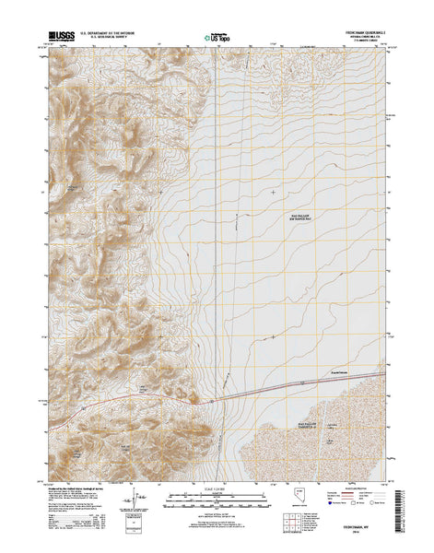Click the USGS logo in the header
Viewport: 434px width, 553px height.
pos(57,39)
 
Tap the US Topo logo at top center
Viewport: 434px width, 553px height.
pos(217,40)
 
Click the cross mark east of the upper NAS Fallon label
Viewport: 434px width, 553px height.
pos(273,192)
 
